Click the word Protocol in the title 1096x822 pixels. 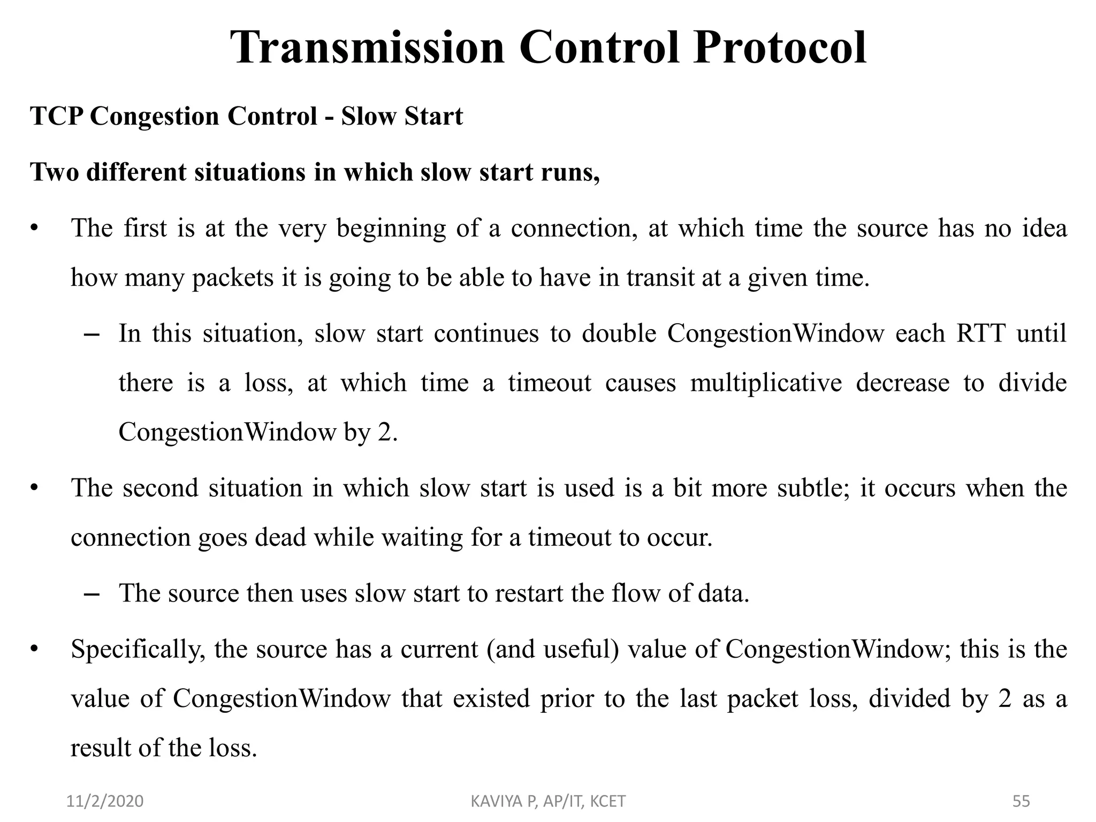[779, 48]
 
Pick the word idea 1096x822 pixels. [1045, 229]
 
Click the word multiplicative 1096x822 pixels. [766, 383]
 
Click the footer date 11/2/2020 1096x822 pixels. [105, 801]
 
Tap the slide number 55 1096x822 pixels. [1022, 801]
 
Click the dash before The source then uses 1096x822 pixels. [92, 594]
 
